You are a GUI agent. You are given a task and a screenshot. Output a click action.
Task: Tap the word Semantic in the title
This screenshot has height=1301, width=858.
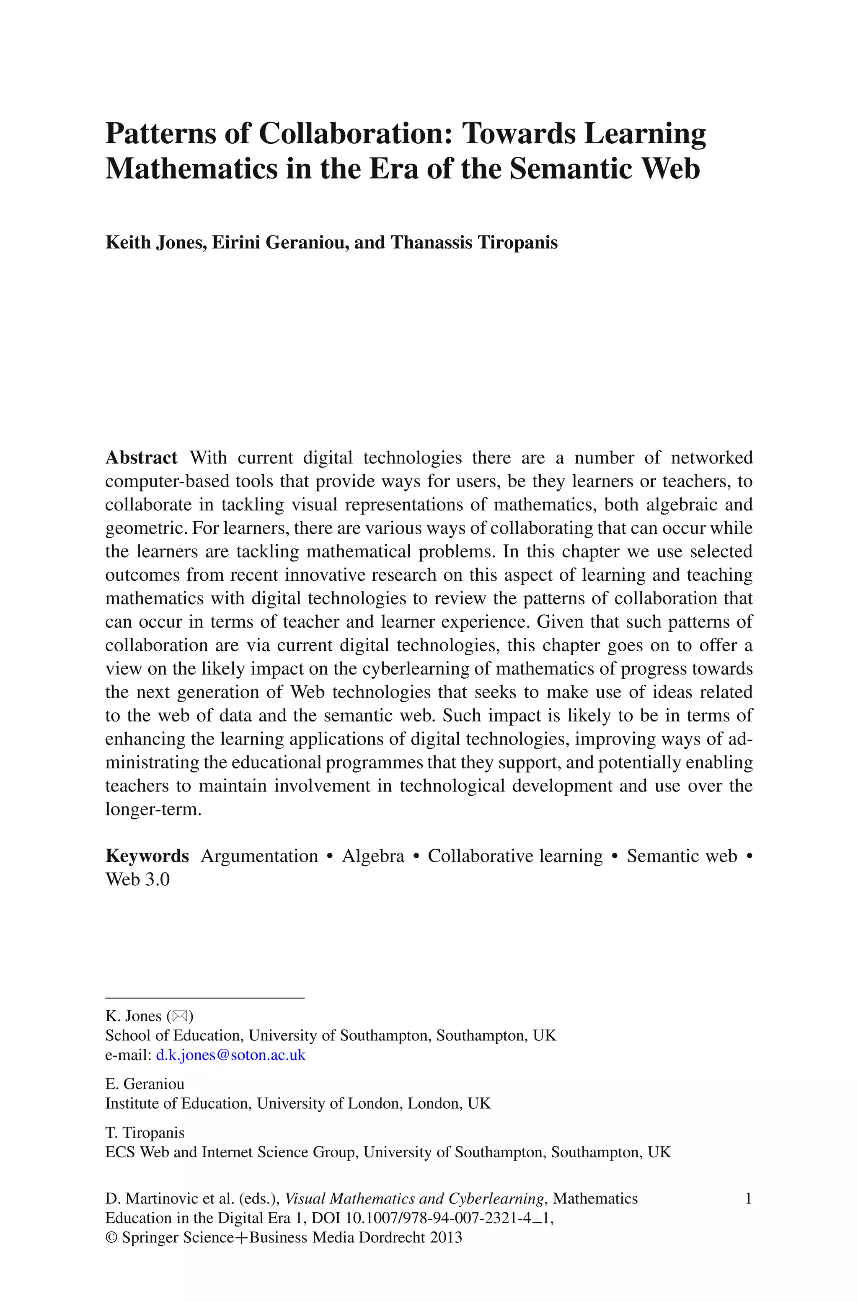tap(569, 168)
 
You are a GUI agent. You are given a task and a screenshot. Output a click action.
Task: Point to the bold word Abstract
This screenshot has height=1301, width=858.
tap(141, 458)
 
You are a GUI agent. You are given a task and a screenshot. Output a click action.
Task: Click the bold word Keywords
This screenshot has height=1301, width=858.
tap(147, 856)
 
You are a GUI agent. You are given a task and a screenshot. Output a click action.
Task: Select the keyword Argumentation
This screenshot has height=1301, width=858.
tap(259, 856)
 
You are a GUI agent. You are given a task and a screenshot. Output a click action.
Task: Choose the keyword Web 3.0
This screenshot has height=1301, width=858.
tap(137, 879)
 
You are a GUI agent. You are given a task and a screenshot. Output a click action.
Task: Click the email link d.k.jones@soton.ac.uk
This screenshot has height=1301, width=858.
tap(230, 1055)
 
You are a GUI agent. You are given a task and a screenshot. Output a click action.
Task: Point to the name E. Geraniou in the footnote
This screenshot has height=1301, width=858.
tap(145, 1084)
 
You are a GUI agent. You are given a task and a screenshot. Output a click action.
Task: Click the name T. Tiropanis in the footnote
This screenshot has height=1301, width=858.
tap(145, 1133)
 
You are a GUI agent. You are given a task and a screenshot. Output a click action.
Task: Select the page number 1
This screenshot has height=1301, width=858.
tap(748, 1199)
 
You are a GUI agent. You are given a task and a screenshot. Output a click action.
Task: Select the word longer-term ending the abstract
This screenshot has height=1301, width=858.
tap(153, 809)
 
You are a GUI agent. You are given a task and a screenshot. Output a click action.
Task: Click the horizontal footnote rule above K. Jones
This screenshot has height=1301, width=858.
tap(204, 998)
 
